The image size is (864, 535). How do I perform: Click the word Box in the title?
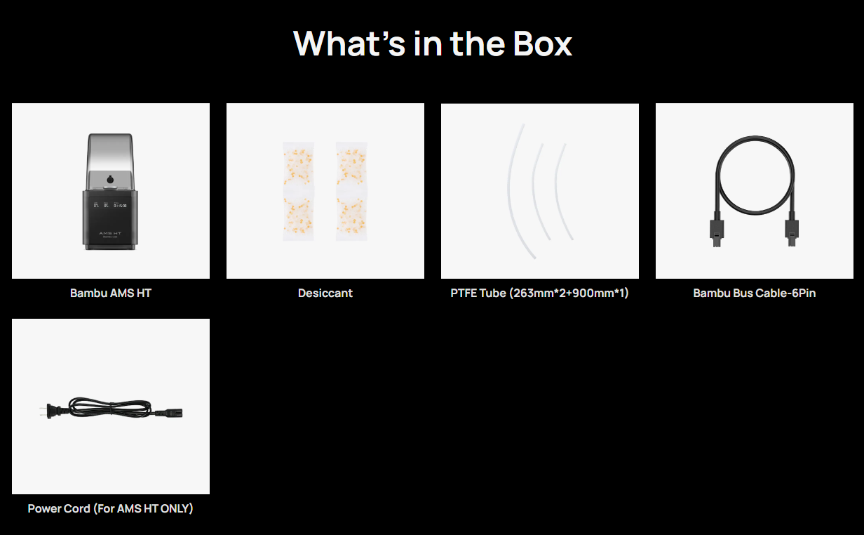542,44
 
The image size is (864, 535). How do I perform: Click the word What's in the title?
349,44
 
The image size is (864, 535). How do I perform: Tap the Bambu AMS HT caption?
111,293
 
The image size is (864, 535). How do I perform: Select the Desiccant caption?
325,293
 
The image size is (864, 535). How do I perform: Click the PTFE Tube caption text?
539,293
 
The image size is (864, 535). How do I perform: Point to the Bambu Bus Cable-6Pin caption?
755,293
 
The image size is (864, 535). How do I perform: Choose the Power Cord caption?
110,509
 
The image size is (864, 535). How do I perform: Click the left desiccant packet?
298,191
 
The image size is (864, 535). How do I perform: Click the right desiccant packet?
351,191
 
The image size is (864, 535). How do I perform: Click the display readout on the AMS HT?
110,205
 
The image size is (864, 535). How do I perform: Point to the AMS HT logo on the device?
110,234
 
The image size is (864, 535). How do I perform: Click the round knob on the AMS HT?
110,180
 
